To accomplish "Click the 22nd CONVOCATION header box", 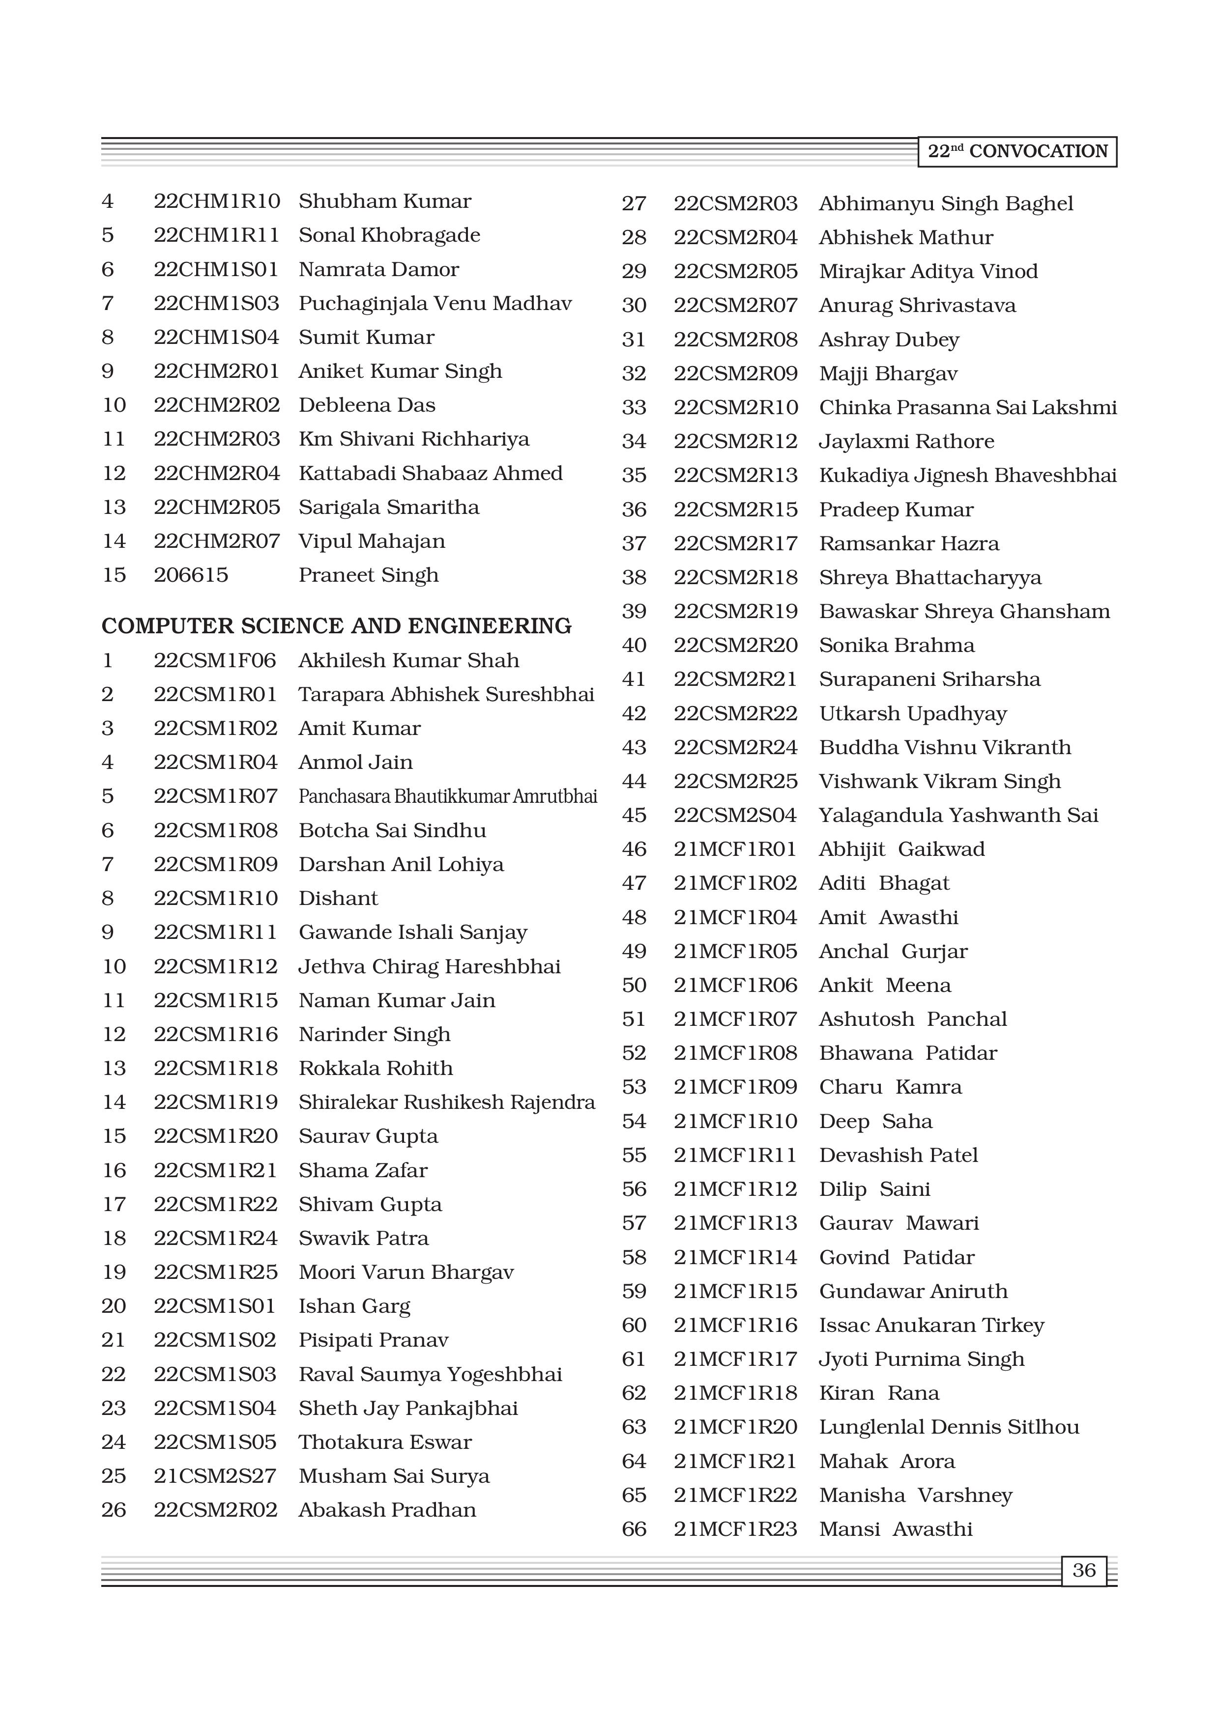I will point(1017,152).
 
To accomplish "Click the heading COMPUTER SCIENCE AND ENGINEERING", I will point(337,626).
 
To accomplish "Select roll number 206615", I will point(191,575).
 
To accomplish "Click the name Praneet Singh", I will point(368,575).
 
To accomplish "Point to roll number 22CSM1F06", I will point(215,661).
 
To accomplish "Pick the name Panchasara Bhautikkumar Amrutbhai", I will point(448,797).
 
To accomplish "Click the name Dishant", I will point(338,899).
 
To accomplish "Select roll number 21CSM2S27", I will point(215,1476).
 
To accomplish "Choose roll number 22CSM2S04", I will point(734,816).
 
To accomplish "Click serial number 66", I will point(634,1529).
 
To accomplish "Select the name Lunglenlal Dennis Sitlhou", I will point(949,1427).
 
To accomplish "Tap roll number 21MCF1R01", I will point(734,849).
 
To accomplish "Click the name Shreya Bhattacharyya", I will point(930,577).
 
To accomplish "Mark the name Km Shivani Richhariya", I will point(414,439).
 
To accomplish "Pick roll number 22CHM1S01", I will point(216,270).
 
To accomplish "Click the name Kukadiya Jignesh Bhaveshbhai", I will point(967,475).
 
